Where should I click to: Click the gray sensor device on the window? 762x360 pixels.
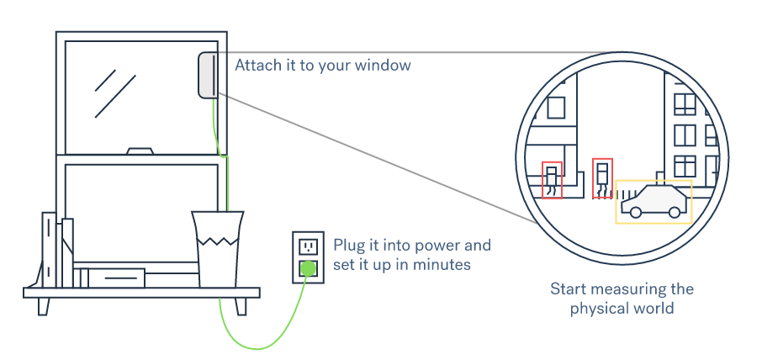click(x=207, y=75)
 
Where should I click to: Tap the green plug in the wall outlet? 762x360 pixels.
click(x=308, y=269)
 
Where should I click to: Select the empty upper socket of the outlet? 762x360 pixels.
click(x=308, y=246)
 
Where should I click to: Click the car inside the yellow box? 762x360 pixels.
click(x=654, y=202)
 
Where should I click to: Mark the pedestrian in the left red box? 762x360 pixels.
click(x=552, y=179)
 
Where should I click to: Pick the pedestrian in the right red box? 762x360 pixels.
click(x=602, y=177)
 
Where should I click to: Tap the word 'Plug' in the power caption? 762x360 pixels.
click(x=348, y=246)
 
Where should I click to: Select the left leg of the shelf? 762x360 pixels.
click(x=43, y=305)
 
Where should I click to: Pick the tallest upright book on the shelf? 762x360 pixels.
click(x=49, y=250)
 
